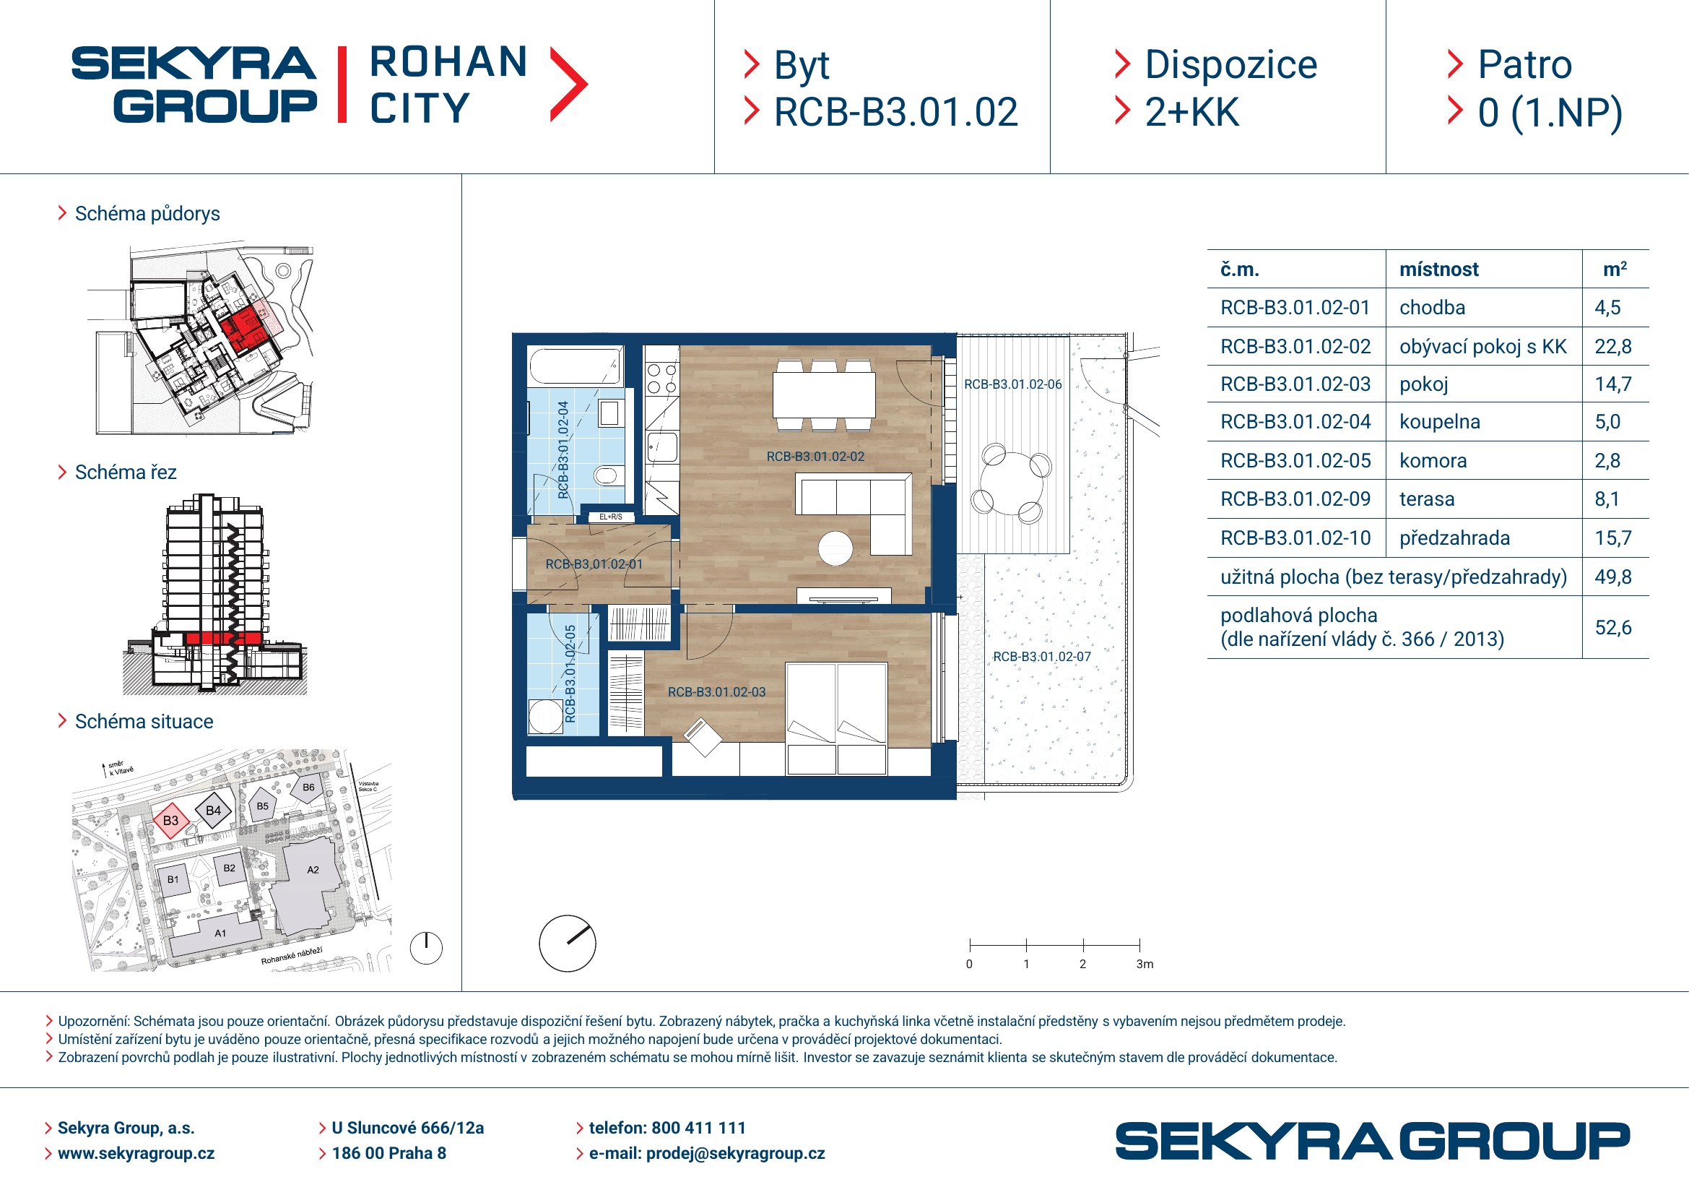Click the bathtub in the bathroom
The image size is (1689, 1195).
[x=576, y=366]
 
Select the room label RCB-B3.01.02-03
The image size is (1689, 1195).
[x=716, y=692]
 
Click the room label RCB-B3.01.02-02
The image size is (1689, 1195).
[x=815, y=457]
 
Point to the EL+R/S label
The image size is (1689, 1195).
[x=611, y=517]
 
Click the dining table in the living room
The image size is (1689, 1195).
[x=824, y=395]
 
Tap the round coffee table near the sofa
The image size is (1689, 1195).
[x=835, y=548]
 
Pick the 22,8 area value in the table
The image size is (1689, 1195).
[x=1612, y=347]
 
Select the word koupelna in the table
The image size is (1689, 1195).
[x=1440, y=422]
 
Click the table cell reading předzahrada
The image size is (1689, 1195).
[x=1454, y=538]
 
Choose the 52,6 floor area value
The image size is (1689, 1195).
[x=1612, y=628]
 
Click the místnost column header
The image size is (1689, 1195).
[x=1438, y=269]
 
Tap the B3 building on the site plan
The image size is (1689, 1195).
[x=170, y=821]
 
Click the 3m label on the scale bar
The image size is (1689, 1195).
[x=1145, y=964]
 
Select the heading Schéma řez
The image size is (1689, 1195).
[x=125, y=473]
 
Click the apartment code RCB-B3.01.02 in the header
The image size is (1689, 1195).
[x=895, y=113]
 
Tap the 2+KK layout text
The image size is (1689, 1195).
[x=1191, y=113]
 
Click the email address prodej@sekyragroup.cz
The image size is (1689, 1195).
[x=735, y=1154]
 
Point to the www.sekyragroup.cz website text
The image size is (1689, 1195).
[x=136, y=1154]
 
